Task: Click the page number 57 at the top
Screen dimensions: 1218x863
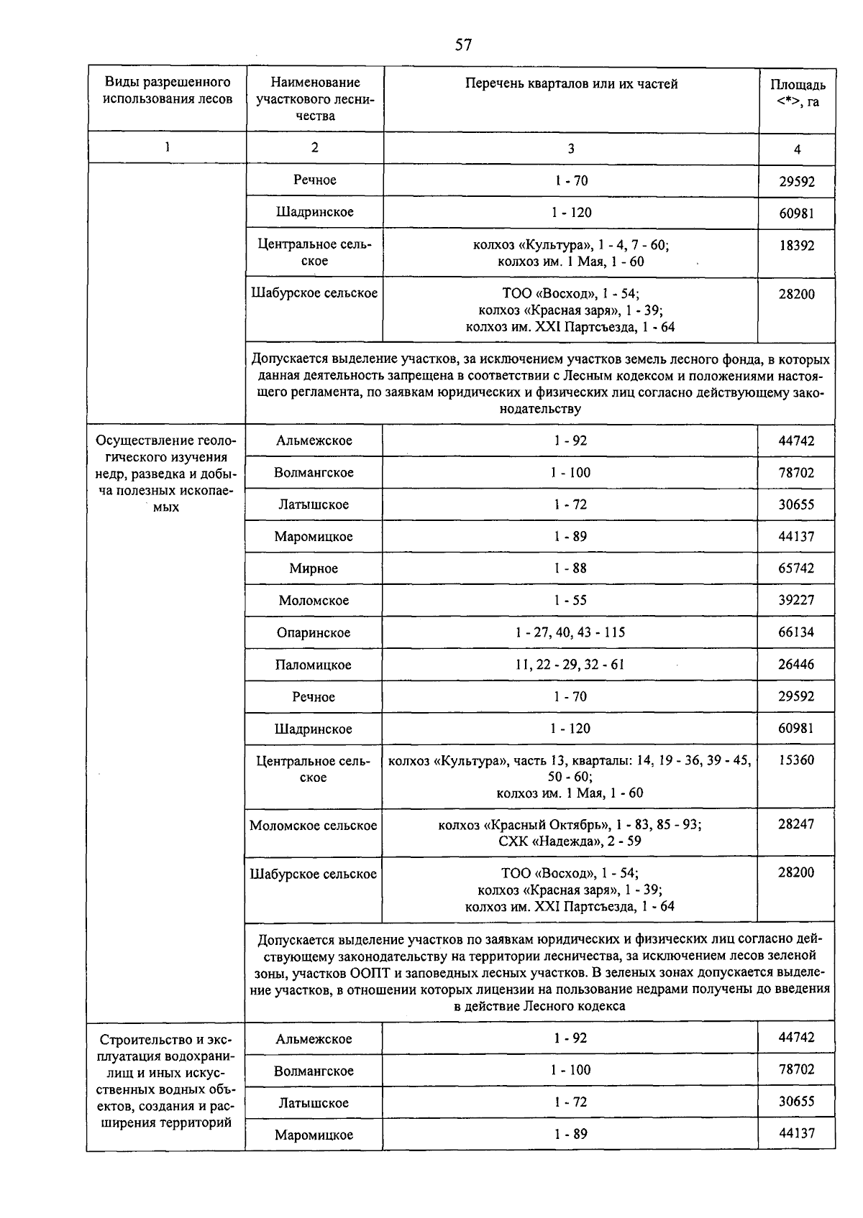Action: pyautogui.click(x=463, y=45)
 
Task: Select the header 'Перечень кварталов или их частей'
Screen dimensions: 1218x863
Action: pyautogui.click(x=571, y=84)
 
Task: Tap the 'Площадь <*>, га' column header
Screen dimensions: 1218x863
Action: pyautogui.click(x=798, y=93)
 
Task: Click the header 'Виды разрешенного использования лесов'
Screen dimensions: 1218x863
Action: pyautogui.click(x=168, y=91)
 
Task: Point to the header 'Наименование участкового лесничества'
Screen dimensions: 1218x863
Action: pyautogui.click(x=314, y=99)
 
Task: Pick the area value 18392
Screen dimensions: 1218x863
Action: pyautogui.click(x=797, y=246)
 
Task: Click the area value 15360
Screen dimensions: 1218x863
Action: pyautogui.click(x=796, y=760)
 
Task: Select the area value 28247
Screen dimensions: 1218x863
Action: pyautogui.click(x=796, y=824)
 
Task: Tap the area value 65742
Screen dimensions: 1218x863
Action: pyautogui.click(x=796, y=568)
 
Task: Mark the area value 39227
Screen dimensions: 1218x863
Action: pyautogui.click(x=796, y=601)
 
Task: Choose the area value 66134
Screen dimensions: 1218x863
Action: pyautogui.click(x=796, y=632)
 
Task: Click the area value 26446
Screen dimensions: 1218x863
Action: pyautogui.click(x=796, y=665)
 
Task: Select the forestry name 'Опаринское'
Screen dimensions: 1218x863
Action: pyautogui.click(x=314, y=633)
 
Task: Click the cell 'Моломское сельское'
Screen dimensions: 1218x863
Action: pyautogui.click(x=314, y=826)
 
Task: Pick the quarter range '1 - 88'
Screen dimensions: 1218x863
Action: pyautogui.click(x=570, y=568)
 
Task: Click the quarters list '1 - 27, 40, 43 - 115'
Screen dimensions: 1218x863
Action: pyautogui.click(x=570, y=632)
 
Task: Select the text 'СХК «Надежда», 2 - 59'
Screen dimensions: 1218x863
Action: pyautogui.click(x=570, y=841)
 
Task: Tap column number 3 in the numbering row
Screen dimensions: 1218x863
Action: pyautogui.click(x=571, y=149)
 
